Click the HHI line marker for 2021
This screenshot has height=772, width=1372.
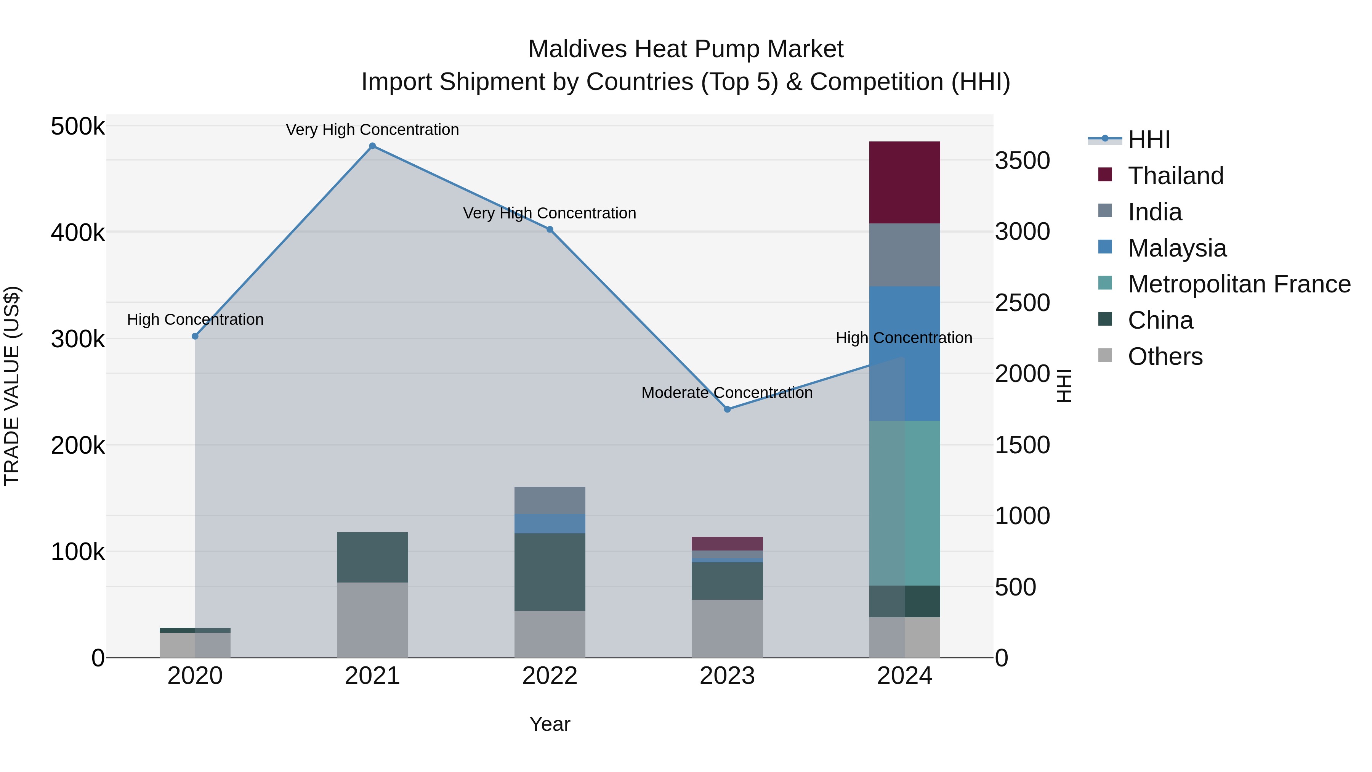pyautogui.click(x=372, y=146)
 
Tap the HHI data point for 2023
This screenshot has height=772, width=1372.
pyautogui.click(x=727, y=409)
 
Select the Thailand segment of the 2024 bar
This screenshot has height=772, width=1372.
pyautogui.click(x=904, y=182)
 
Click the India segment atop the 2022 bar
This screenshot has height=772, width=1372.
pyautogui.click(x=550, y=500)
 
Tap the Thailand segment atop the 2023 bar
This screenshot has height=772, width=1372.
pyautogui.click(x=727, y=543)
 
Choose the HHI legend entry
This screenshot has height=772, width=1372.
pyautogui.click(x=1148, y=140)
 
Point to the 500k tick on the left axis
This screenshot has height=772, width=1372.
pyautogui.click(x=78, y=127)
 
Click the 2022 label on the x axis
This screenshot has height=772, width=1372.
pyautogui.click(x=550, y=676)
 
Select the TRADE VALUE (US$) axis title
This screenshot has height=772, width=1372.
pyautogui.click(x=12, y=386)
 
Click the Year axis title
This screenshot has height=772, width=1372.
pyautogui.click(x=550, y=724)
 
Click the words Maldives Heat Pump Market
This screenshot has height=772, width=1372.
pyautogui.click(x=686, y=49)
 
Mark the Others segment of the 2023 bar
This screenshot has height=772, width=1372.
pyautogui.click(x=727, y=628)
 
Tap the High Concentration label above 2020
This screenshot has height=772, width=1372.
pyautogui.click(x=195, y=320)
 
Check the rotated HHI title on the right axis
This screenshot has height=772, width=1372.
pyautogui.click(x=1064, y=386)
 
